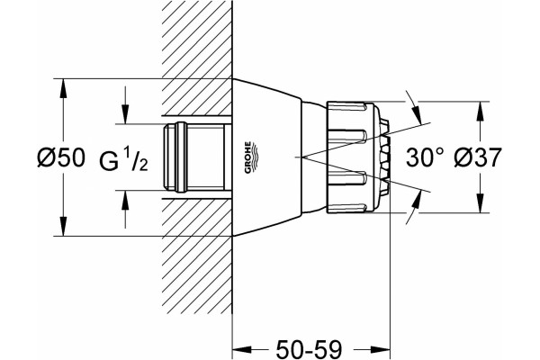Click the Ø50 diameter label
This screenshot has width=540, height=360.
click(61, 157)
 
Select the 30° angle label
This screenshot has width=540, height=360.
click(425, 157)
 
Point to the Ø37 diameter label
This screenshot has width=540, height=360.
click(478, 157)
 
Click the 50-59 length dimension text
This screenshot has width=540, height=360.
click(310, 349)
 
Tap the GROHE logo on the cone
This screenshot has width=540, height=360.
click(250, 157)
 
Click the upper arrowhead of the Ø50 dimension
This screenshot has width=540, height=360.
click(63, 90)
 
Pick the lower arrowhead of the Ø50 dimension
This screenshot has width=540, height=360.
click(63, 226)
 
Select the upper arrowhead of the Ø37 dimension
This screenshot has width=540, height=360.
click(480, 112)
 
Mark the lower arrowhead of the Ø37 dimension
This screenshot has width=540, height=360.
click(480, 202)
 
